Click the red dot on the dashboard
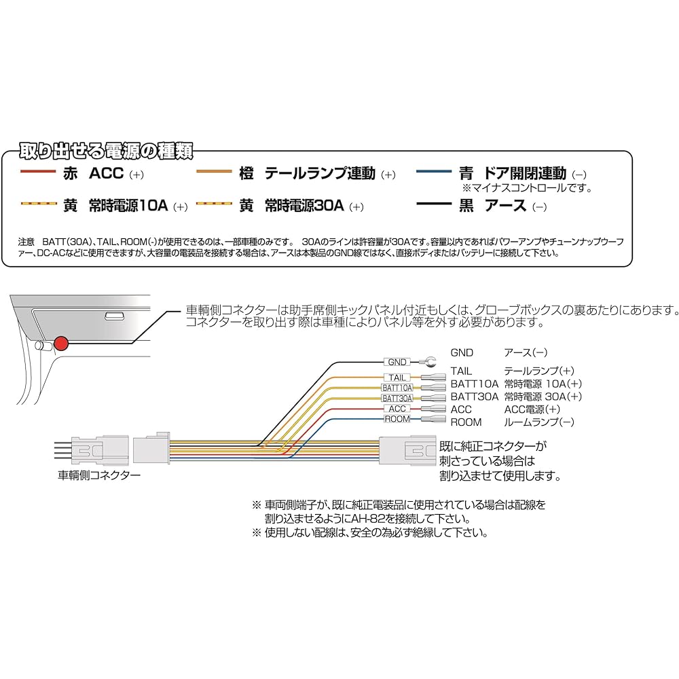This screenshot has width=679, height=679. click(x=62, y=344)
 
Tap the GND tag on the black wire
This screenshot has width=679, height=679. click(x=398, y=363)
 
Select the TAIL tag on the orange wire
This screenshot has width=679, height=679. click(x=397, y=378)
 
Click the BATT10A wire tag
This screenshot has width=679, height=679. click(x=397, y=388)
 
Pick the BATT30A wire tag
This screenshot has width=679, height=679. click(x=397, y=398)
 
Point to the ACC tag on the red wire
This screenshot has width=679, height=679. click(x=397, y=409)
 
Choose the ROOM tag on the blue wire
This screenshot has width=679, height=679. click(x=397, y=419)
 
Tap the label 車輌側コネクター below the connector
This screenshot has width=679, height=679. click(x=100, y=475)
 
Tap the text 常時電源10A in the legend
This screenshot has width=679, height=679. click(x=128, y=205)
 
